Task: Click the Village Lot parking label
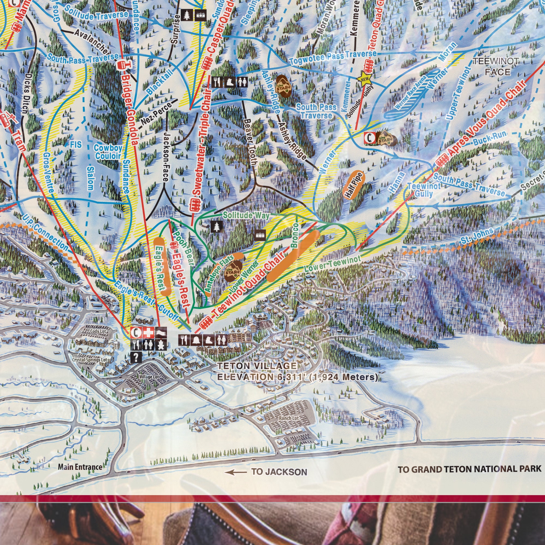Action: coord(149,377)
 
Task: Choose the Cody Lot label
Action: coord(98,331)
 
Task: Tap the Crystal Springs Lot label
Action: coord(89,360)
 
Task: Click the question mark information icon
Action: coord(137,358)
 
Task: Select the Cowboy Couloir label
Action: coord(108,152)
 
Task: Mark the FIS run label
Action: coord(75,145)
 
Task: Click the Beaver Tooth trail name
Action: coord(250,142)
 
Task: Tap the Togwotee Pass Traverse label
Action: coord(333,57)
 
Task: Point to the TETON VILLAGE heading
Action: coord(257,366)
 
